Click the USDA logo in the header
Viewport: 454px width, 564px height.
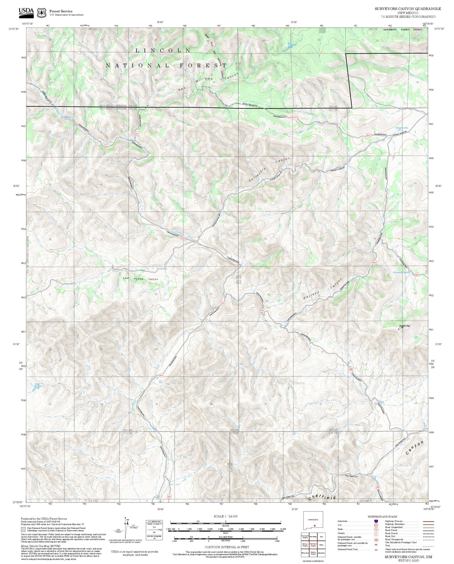point(26,11)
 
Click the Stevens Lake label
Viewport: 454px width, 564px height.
point(402,128)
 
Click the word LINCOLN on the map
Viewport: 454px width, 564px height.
point(163,51)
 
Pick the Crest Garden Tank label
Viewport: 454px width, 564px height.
point(37,386)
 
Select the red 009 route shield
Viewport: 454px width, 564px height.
point(351,369)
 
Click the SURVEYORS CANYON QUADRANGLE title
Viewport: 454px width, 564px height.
point(408,9)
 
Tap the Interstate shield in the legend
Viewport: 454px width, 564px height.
point(376,521)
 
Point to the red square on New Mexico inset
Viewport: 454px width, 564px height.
point(315,526)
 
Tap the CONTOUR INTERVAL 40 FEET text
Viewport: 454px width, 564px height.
point(227,547)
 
